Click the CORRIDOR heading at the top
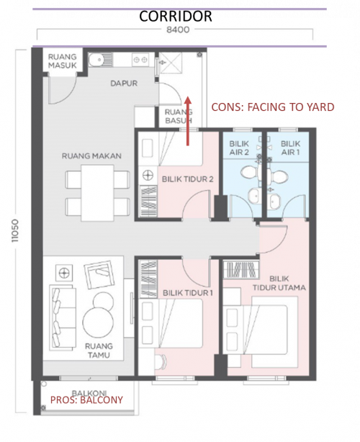pos(176,17)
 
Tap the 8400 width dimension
pos(178,30)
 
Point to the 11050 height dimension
pos(14,230)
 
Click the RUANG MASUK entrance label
pos(63,61)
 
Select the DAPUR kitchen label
pos(124,84)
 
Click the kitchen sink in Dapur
pos(100,60)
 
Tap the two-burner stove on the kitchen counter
pos(140,60)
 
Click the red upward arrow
pos(188,121)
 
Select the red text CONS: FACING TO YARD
pos(273,107)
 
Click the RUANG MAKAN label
pos(91,156)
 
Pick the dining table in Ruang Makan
pos(97,193)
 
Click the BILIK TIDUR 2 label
pos(187,179)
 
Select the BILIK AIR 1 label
pos(290,148)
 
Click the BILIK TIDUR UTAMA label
pos(279,284)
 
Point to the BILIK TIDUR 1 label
pos(187,293)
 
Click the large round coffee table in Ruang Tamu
pos(98,322)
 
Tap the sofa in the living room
pos(63,318)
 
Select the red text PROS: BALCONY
pos(86,400)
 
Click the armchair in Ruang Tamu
pos(99,274)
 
